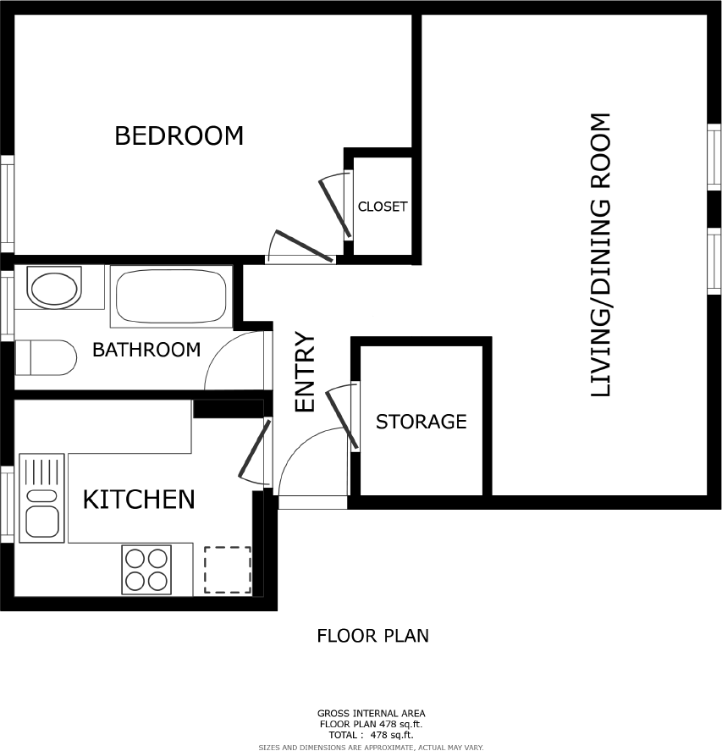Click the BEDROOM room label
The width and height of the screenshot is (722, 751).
click(x=179, y=135)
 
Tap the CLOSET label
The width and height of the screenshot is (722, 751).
click(x=383, y=207)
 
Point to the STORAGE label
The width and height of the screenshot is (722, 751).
click(x=421, y=422)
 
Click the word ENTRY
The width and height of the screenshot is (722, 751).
click(x=304, y=373)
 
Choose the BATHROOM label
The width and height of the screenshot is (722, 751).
click(x=146, y=349)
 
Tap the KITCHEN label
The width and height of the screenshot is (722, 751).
click(x=139, y=500)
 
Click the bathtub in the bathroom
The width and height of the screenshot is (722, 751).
click(x=171, y=295)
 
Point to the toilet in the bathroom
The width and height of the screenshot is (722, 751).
click(x=47, y=357)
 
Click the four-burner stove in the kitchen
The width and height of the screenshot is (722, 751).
click(x=146, y=569)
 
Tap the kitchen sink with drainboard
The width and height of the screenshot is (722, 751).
click(x=41, y=499)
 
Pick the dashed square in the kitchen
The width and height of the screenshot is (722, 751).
click(x=227, y=570)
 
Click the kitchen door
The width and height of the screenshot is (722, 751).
click(x=254, y=451)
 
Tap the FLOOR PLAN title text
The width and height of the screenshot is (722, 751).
click(x=372, y=635)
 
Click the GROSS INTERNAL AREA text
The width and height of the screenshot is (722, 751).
click(x=372, y=713)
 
